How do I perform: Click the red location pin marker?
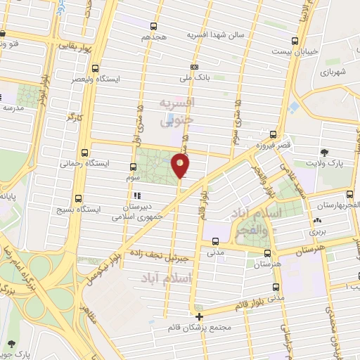(x=181, y=166)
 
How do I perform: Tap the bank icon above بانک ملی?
(x=194, y=67)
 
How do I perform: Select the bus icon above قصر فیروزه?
(x=274, y=134)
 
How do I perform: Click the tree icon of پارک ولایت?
(x=324, y=151)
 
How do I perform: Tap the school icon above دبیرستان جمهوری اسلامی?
(x=137, y=195)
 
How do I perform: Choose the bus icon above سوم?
(x=133, y=167)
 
